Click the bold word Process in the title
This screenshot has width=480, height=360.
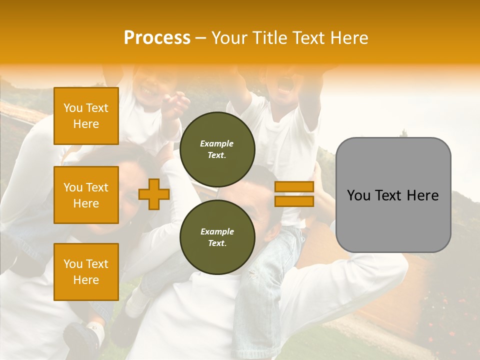point(157,38)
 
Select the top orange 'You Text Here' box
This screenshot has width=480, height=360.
point(86,116)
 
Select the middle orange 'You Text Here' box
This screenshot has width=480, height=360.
point(86,195)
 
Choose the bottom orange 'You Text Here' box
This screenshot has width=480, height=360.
point(86,272)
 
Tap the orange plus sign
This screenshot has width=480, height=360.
point(154,194)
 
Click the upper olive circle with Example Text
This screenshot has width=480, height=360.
point(217,149)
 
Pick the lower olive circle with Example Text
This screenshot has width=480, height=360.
point(217,237)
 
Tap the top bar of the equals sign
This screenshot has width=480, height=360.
point(294,187)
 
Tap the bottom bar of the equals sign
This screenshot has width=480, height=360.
point(294,201)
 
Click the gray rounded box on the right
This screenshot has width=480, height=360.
point(393,220)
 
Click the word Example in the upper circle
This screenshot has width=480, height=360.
point(217,144)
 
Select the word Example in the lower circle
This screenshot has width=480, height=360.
point(217,232)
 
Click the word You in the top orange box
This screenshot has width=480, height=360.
point(73,108)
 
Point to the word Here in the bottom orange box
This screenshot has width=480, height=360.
point(86,280)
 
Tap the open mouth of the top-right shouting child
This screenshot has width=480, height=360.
point(285,86)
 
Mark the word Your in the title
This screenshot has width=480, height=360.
point(229,38)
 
